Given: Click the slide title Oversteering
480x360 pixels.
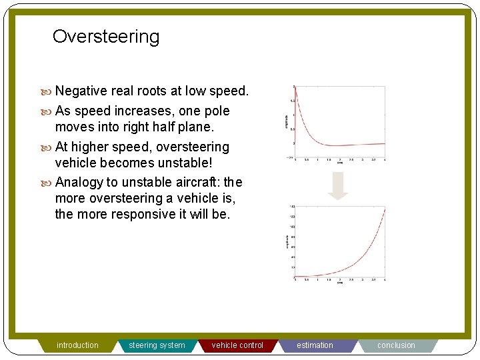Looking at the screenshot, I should click(106, 36).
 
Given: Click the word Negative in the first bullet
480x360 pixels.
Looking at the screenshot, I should click(81, 91).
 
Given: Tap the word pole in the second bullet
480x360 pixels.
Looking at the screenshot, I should click(216, 111).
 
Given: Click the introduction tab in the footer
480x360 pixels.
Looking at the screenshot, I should click(77, 345).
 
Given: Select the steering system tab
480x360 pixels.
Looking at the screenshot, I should click(157, 345).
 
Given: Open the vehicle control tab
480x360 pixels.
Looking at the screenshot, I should click(237, 345).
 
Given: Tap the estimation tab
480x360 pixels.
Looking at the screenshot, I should click(315, 345).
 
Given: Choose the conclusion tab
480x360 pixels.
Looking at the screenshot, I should click(396, 345).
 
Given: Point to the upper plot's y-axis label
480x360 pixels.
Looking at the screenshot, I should click(287, 121).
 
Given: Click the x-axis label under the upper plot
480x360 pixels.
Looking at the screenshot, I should click(340, 162).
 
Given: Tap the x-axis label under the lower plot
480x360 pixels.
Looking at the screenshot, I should click(340, 283).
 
